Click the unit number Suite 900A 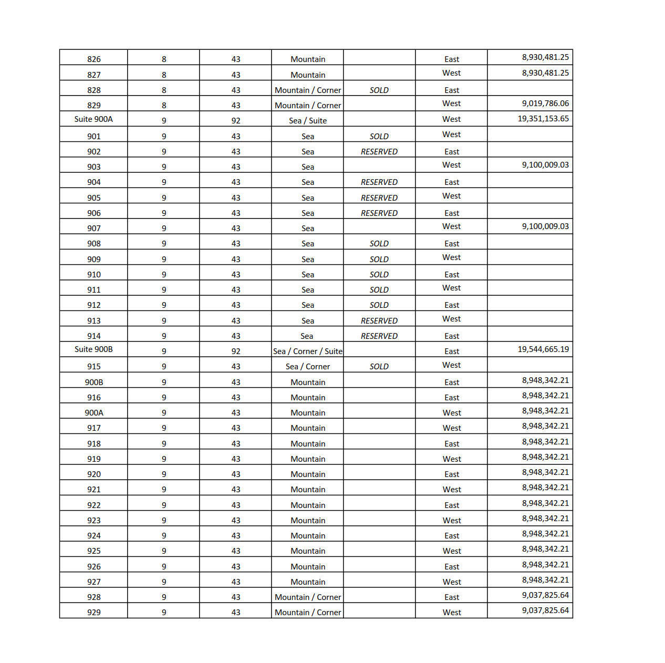[93, 119]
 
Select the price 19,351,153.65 [543, 119]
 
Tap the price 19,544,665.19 [543, 349]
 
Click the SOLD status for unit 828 [379, 90]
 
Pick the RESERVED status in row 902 [379, 152]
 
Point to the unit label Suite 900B [93, 349]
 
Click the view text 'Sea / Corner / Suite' [307, 351]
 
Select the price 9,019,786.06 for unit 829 [545, 103]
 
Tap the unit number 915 [93, 367]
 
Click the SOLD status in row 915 [379, 367]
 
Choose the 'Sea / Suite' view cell [307, 121]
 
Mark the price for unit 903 [545, 165]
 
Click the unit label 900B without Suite [93, 382]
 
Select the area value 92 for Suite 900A [236, 121]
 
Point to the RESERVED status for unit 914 [379, 336]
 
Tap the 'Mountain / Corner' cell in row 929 [307, 613]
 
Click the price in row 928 [545, 595]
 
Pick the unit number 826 [93, 59]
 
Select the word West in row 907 [451, 226]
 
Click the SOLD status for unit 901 [379, 137]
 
